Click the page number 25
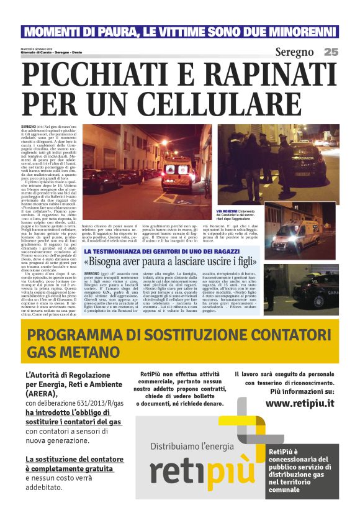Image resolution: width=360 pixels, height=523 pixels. pos(330,52)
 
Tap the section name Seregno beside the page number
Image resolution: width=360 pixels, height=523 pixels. pos(294,52)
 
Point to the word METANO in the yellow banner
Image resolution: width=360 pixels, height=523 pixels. pos(85,352)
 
